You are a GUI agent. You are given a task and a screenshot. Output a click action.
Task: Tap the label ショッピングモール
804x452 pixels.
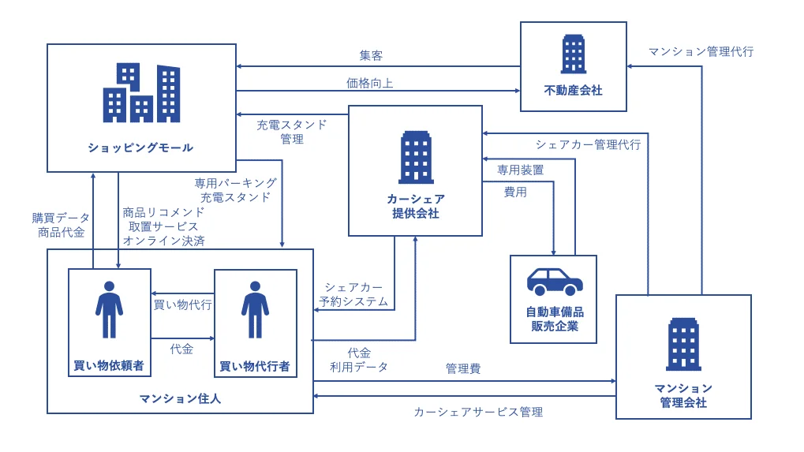point(140,148)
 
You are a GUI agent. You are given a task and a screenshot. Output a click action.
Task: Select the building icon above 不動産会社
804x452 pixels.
point(573,54)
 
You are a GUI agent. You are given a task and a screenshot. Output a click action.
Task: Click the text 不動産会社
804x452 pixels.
point(573,91)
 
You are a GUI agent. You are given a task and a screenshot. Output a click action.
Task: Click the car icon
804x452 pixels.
point(554,281)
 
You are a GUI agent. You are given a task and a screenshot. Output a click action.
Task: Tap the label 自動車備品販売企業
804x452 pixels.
point(554,319)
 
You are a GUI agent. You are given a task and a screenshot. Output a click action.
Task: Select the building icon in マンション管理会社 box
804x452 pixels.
point(682,344)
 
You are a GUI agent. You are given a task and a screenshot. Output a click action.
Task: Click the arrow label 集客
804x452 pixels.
point(371,56)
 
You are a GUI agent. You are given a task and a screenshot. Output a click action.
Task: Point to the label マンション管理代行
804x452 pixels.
point(701,51)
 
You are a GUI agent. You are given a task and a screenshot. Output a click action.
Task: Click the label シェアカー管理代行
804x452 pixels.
point(588,144)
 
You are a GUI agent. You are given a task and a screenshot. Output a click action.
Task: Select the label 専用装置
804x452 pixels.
point(520,170)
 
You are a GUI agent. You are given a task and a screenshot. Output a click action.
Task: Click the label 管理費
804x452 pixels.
point(462,368)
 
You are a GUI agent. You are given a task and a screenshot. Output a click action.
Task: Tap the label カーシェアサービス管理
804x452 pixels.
point(478,412)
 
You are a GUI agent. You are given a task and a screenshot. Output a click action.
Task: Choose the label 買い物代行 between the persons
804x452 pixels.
point(182,304)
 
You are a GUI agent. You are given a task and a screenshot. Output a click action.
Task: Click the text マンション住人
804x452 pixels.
point(180,398)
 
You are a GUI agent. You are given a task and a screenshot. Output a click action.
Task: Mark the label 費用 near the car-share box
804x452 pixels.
point(515,192)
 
